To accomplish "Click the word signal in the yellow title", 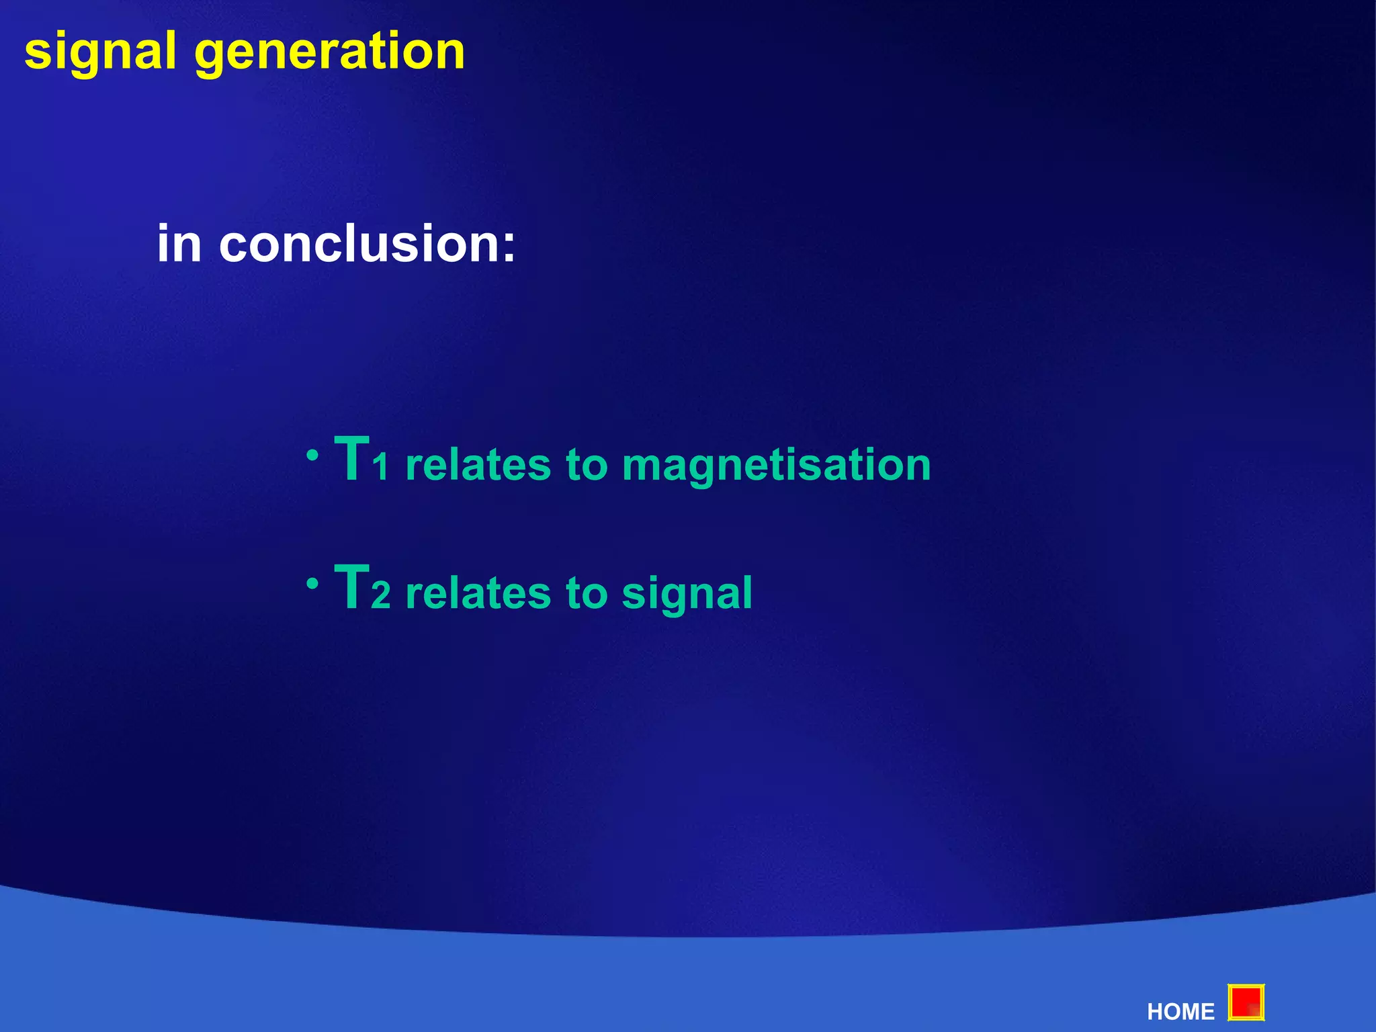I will (x=100, y=52).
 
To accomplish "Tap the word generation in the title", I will (x=329, y=52).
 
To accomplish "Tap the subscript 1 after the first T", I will (x=382, y=468).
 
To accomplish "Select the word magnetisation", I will (x=776, y=466).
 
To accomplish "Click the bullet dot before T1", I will (x=312, y=456).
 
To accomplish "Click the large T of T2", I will (x=352, y=587).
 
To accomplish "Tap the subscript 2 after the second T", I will (x=381, y=597).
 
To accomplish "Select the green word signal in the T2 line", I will (x=687, y=594).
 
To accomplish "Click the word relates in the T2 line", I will (x=478, y=593).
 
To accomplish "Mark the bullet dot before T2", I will (x=312, y=584).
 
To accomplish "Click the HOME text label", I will (x=1180, y=1011).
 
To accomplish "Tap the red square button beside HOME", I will (x=1246, y=1003).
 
